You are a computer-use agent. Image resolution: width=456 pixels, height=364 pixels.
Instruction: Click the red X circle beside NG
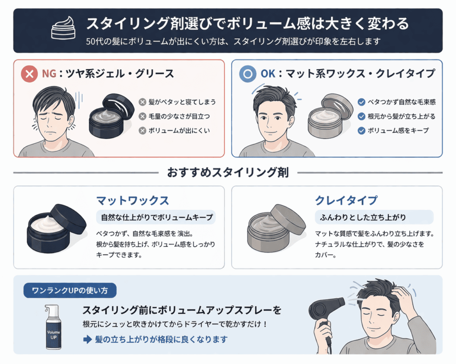click(30, 74)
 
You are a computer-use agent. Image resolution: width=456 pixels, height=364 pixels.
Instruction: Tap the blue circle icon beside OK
click(248, 74)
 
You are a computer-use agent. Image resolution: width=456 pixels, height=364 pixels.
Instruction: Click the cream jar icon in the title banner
click(63, 28)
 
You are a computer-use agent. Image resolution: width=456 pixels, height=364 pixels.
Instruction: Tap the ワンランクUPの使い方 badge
click(70, 291)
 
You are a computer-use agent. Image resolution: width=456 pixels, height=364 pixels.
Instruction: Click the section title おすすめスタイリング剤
click(228, 173)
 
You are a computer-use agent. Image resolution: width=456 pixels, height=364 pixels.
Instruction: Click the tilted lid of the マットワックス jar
click(68, 218)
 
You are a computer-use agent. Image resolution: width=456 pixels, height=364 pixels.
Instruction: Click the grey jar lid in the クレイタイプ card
click(288, 219)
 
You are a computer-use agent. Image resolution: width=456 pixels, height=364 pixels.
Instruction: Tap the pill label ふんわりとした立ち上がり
click(374, 217)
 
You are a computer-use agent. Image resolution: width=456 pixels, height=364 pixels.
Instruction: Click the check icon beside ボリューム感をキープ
click(361, 131)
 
